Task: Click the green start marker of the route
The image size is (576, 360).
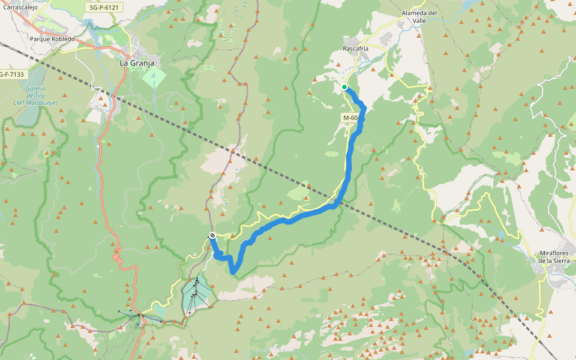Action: click(344, 87)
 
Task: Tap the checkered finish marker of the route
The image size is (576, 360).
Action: click(212, 236)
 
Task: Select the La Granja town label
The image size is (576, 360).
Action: click(137, 62)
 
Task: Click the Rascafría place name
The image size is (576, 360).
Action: click(356, 48)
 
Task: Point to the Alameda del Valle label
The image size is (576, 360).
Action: click(419, 16)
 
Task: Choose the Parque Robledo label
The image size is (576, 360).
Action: click(52, 39)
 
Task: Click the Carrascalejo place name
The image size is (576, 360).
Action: click(21, 7)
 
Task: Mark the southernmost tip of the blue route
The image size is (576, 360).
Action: click(233, 274)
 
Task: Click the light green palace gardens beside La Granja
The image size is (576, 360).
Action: click(154, 77)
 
